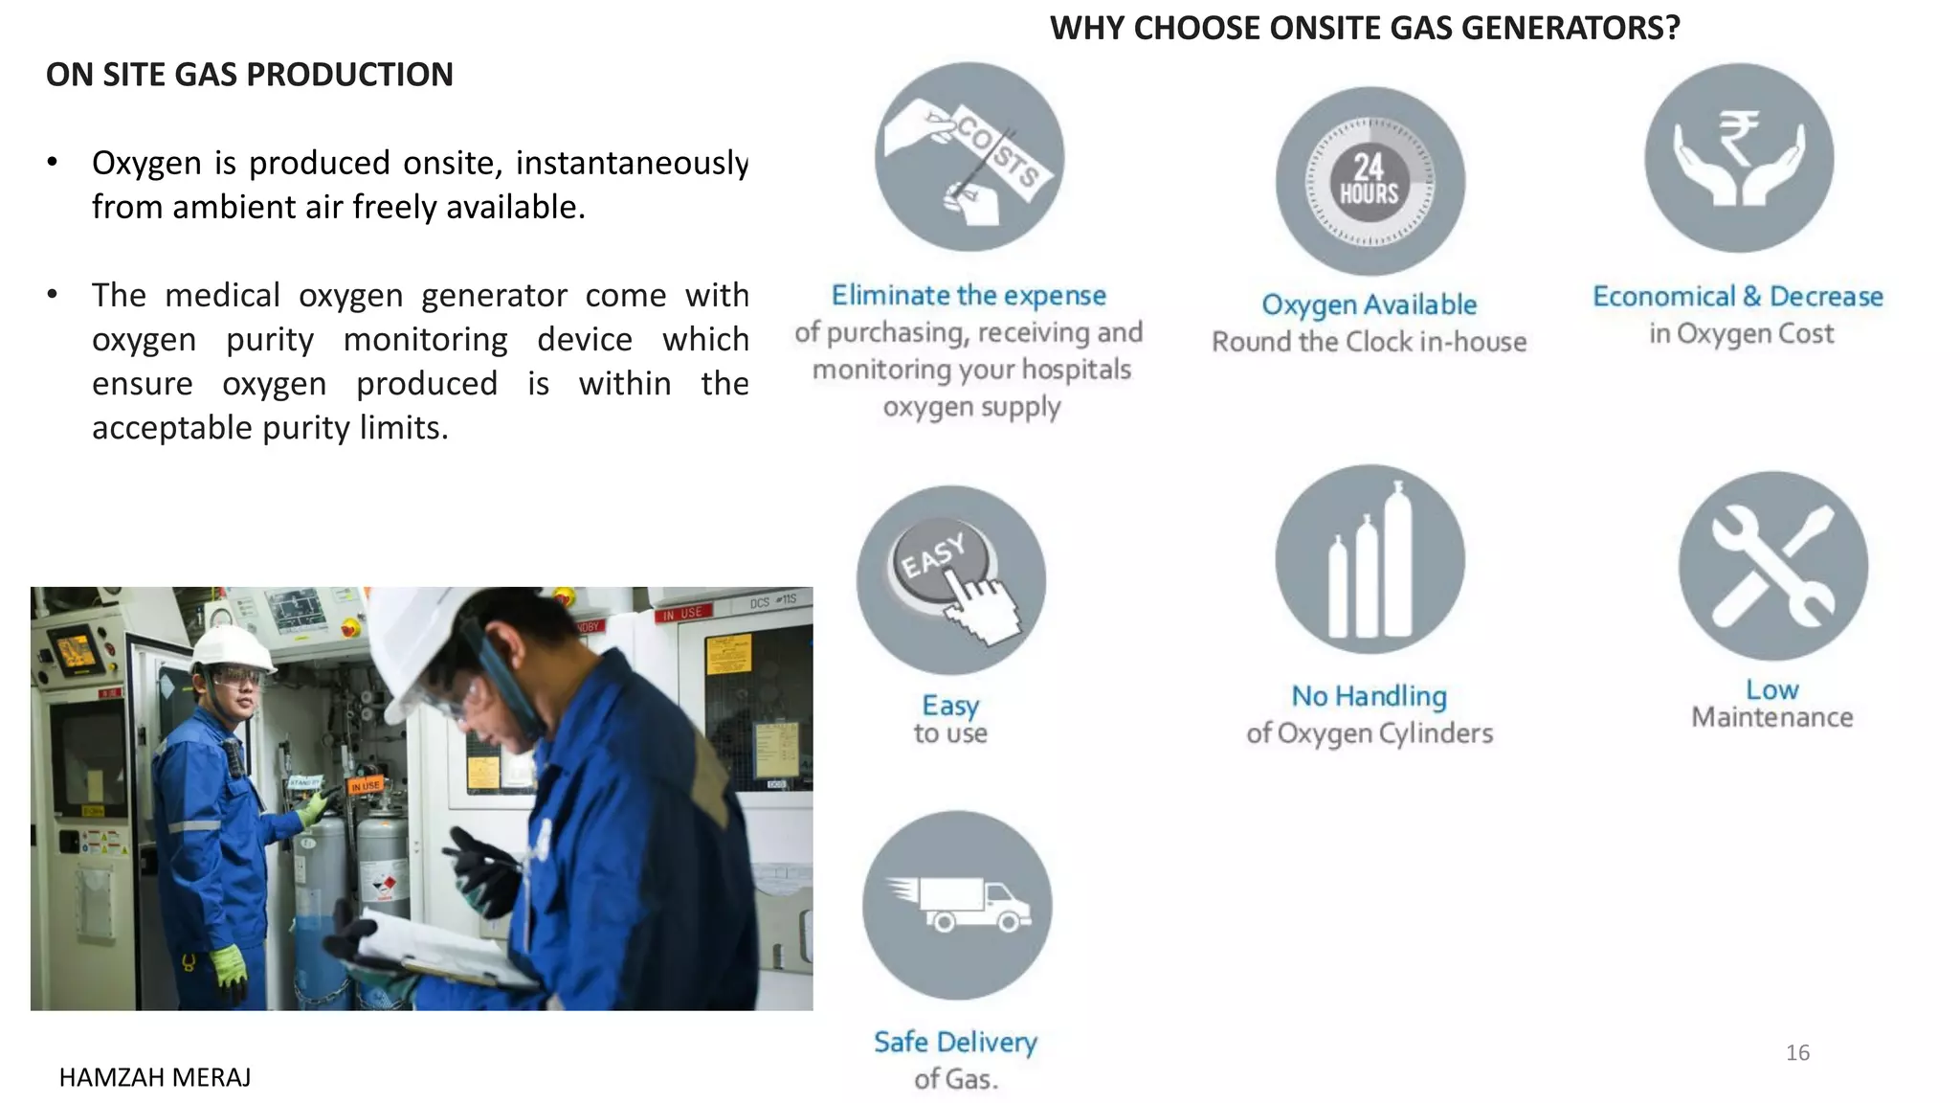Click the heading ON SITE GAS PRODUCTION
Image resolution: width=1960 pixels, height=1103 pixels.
click(x=250, y=75)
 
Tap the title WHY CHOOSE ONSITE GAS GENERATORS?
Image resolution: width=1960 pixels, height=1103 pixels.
click(x=1365, y=28)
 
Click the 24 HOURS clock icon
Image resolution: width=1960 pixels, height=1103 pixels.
click(x=1370, y=181)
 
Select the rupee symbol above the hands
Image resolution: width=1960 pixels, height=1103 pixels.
click(x=1738, y=137)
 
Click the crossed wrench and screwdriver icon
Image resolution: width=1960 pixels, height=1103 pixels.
click(x=1772, y=566)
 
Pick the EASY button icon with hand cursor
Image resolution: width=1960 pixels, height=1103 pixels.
click(x=951, y=580)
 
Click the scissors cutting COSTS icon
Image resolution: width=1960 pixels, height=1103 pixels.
click(x=969, y=158)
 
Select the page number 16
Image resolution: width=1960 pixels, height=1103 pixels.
click(x=1797, y=1053)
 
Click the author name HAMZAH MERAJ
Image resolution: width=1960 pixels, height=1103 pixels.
click(x=155, y=1078)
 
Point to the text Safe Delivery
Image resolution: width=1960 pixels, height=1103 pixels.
click(x=955, y=1042)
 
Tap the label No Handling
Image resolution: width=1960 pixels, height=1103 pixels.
click(x=1369, y=696)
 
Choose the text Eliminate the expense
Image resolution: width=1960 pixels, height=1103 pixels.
click(x=969, y=295)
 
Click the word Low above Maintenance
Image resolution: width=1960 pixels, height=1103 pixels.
click(x=1771, y=689)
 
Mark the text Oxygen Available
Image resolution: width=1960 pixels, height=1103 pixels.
click(x=1369, y=304)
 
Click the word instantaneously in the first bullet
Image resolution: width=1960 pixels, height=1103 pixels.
click(x=632, y=163)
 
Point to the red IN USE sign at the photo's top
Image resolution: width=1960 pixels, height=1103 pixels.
click(x=682, y=613)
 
